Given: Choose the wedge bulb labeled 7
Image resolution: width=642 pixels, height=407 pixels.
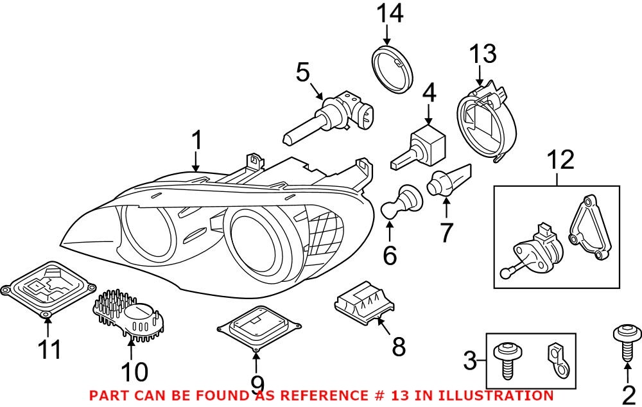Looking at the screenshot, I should click(x=450, y=179).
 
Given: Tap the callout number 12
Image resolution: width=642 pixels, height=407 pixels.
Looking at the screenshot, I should click(x=560, y=160).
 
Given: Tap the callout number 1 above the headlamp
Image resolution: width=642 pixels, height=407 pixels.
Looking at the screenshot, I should click(x=198, y=141).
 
